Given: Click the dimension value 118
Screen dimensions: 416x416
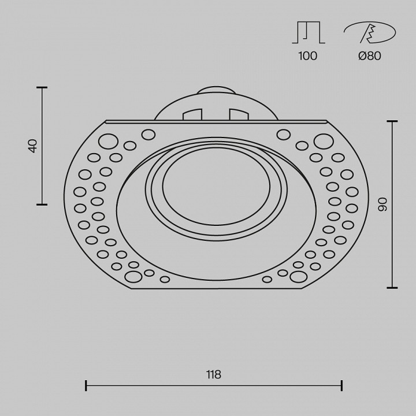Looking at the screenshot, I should (213, 375).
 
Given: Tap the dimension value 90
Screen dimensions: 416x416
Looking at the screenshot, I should (382, 204).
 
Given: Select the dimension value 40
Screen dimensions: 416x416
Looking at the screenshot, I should (33, 146).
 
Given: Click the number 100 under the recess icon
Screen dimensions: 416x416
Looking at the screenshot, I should (308, 56).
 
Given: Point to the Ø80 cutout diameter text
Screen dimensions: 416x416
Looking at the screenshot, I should (369, 56).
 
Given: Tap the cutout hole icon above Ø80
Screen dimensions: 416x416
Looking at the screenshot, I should (369, 32).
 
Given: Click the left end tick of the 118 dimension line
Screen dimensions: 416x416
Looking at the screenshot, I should (86, 385).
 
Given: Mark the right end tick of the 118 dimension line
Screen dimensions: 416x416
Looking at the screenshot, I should (341, 385).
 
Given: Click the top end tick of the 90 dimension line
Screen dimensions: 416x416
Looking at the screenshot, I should (392, 121).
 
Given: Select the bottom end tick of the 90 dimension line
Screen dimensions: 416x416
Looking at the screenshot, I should (392, 287).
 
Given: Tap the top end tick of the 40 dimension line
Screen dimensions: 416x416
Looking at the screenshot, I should (42, 88).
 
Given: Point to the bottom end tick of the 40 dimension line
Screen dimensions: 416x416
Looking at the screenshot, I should (42, 205).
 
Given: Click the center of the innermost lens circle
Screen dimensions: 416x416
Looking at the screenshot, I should (216, 186).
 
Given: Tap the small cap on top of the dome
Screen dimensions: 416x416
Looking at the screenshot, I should (216, 90).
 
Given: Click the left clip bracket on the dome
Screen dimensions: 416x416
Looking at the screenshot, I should (192, 114).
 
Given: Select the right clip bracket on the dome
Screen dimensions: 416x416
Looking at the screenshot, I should (238, 114).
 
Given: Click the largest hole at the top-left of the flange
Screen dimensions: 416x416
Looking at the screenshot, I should (108, 141).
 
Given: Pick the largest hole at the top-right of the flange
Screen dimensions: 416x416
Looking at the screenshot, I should (324, 141).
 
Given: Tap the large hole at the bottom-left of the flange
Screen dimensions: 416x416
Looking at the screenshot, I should (133, 277).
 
